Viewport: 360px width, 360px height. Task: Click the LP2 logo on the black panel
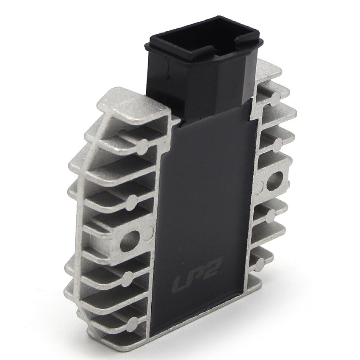tap(195, 274)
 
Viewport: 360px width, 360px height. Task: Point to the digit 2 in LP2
tap(210, 266)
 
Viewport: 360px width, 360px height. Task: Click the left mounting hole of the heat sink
tap(130, 241)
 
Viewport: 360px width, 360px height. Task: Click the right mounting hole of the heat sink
tap(275, 181)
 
